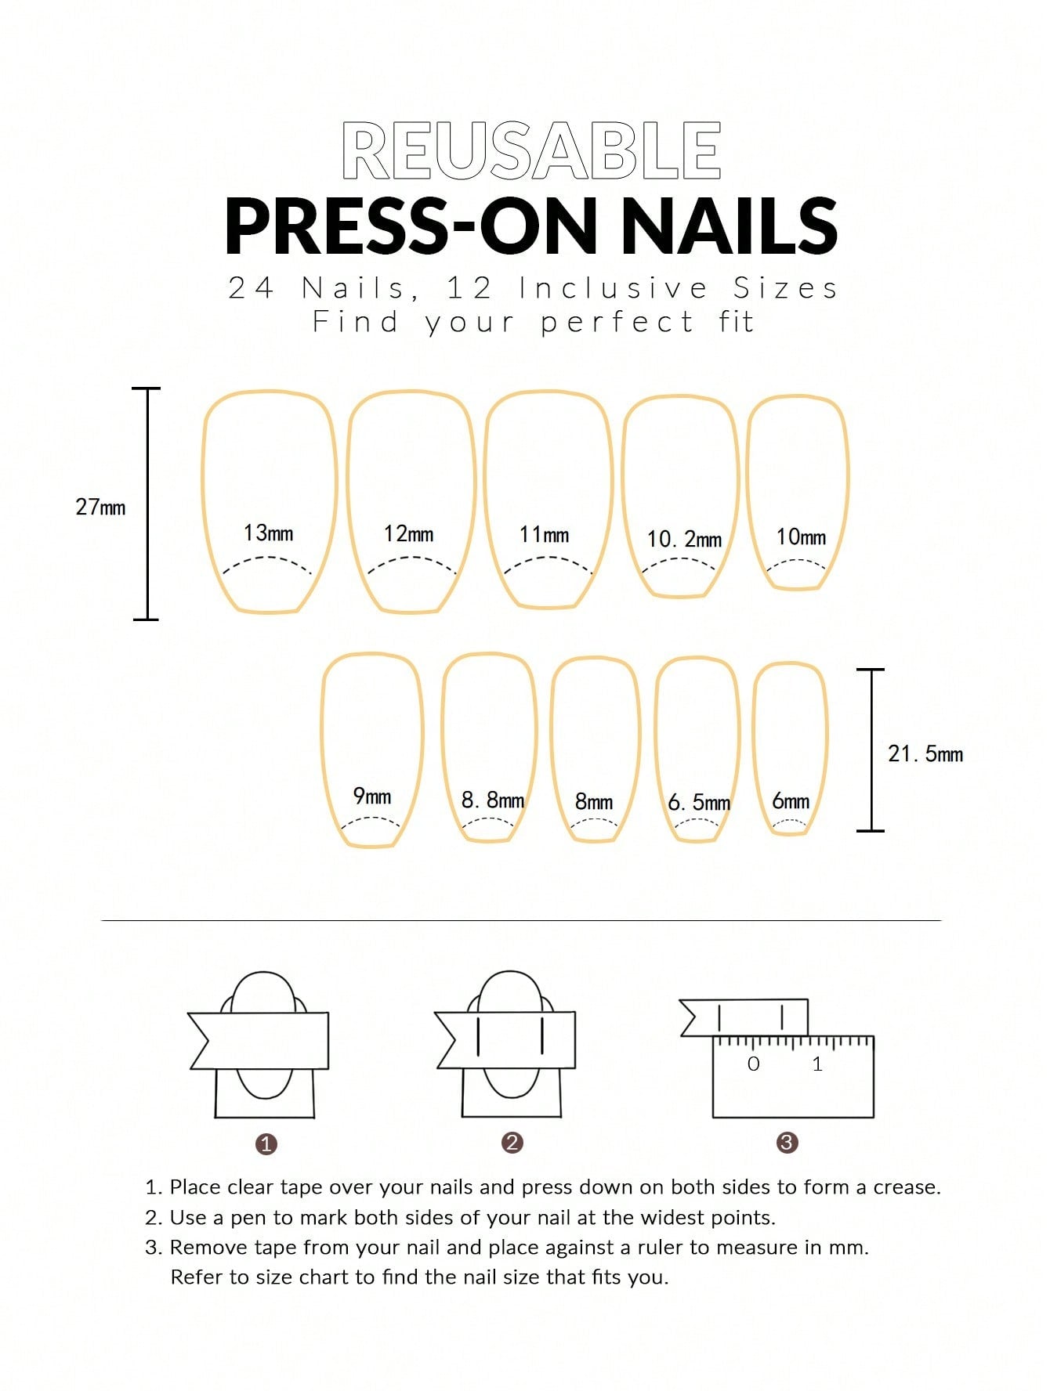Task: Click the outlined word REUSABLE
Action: pyautogui.click(x=531, y=150)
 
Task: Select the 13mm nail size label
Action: pyautogui.click(x=268, y=533)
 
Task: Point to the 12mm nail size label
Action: pyautogui.click(x=408, y=534)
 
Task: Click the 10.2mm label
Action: pyautogui.click(x=684, y=539)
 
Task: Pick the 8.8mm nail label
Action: pyautogui.click(x=493, y=800)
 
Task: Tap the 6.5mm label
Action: pyautogui.click(x=699, y=802)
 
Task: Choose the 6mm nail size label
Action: pyautogui.click(x=791, y=800)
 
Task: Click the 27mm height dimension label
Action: pyautogui.click(x=100, y=507)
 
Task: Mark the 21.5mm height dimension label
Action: pyautogui.click(x=925, y=753)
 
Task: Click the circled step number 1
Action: pyautogui.click(x=266, y=1143)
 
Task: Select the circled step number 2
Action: pyautogui.click(x=512, y=1142)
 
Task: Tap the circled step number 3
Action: pyautogui.click(x=787, y=1142)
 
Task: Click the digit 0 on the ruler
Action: pyautogui.click(x=754, y=1064)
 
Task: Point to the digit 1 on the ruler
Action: pyautogui.click(x=817, y=1064)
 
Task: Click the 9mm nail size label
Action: pyautogui.click(x=372, y=796)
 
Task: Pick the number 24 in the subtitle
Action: pyautogui.click(x=251, y=289)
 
